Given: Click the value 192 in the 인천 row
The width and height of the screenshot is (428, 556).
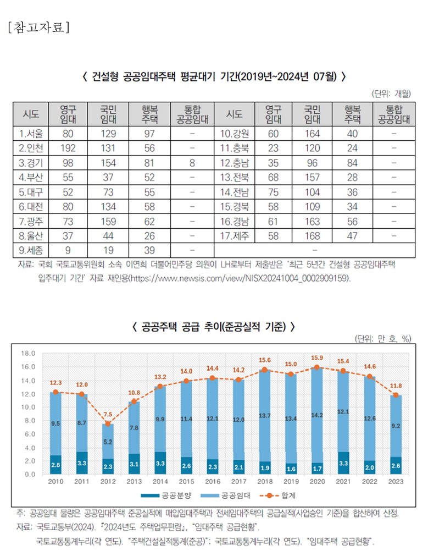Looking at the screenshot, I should tap(69, 148).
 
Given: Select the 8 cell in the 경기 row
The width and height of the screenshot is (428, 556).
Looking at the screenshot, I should tap(192, 163).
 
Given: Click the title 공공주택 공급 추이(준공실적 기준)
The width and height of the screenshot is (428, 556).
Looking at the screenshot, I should tap(214, 327).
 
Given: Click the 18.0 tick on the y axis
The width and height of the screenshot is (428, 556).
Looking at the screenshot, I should tap(28, 354).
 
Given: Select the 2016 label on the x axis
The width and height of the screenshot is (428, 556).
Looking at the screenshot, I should tap(212, 482).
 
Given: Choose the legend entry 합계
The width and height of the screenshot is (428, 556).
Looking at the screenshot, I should tap(280, 496).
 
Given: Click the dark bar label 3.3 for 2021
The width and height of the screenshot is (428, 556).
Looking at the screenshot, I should tap(343, 463).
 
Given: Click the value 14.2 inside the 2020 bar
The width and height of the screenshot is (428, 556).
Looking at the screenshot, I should tap(316, 415).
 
